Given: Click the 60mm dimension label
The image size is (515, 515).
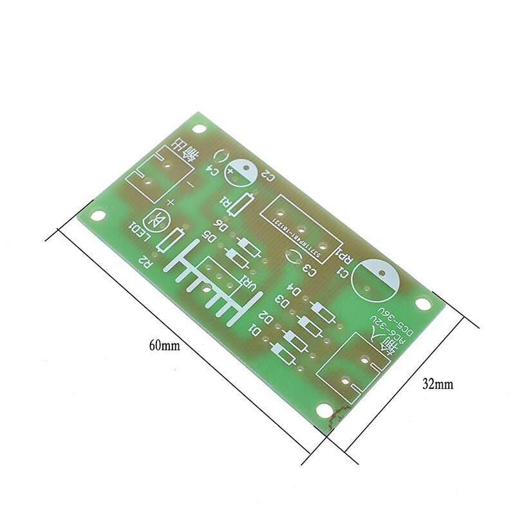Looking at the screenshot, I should (x=165, y=346).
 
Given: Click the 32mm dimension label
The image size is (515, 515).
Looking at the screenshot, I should (x=438, y=384).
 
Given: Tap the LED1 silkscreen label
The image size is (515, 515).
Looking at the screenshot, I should (x=140, y=233).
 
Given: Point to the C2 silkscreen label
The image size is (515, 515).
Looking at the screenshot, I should (x=268, y=177).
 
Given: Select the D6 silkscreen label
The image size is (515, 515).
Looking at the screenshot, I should (x=220, y=225).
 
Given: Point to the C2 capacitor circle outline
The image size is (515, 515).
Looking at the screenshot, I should (x=243, y=173).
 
